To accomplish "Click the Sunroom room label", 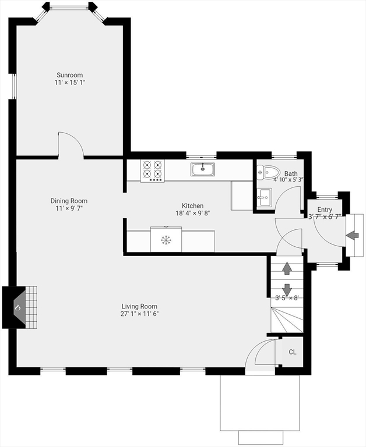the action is [70, 75].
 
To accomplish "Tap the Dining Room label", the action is [69, 201].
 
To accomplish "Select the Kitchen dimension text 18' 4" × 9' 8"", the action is [193, 213].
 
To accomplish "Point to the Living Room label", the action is [140, 307].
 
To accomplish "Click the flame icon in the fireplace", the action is [18, 308].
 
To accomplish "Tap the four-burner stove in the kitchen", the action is [153, 171].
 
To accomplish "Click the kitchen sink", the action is [203, 169].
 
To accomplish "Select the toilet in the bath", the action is [268, 172].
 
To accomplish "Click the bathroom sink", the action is [265, 197].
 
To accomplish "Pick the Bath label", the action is [291, 173].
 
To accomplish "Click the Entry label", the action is [325, 210].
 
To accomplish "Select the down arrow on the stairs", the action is [287, 289].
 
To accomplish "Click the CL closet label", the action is [293, 352].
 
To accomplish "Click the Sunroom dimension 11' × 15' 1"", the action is [70, 83].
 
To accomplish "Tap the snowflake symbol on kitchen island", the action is [166, 240].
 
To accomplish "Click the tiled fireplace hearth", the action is [31, 307].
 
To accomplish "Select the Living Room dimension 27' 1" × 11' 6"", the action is [140, 314].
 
